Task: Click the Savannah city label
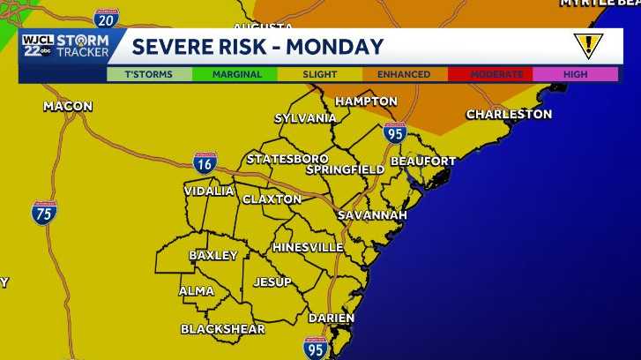click(x=372, y=215)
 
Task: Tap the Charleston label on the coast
click(x=509, y=115)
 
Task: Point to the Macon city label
click(x=68, y=107)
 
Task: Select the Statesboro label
click(x=287, y=159)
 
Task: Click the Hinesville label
click(x=308, y=247)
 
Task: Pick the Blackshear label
click(x=222, y=329)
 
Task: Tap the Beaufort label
click(x=423, y=161)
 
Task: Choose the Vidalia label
click(x=209, y=191)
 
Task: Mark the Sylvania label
click(x=305, y=118)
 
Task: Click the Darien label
click(x=332, y=318)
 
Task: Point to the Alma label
click(x=196, y=291)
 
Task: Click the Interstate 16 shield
click(x=205, y=162)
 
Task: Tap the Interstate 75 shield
click(x=44, y=212)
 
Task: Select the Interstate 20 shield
click(x=106, y=19)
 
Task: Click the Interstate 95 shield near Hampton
click(x=395, y=133)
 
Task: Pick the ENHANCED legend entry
click(x=404, y=75)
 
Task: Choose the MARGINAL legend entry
click(x=237, y=75)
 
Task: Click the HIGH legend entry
click(x=575, y=75)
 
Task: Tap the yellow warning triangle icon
click(x=587, y=45)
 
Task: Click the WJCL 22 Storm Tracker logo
click(x=66, y=46)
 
